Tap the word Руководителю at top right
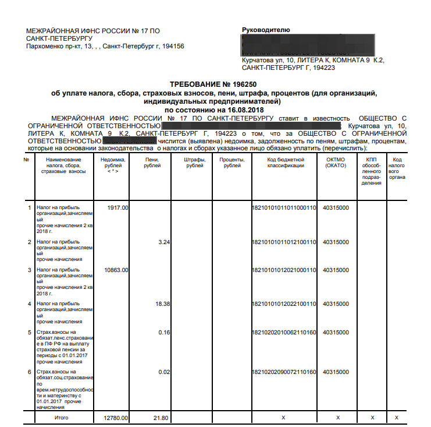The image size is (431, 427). pos(266,30)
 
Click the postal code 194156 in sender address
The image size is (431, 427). pos(172,46)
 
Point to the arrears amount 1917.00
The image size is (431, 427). pos(118,207)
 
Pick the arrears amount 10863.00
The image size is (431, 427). pos(116,270)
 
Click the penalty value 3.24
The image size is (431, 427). pos(163,242)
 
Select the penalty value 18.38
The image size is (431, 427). pos(162,304)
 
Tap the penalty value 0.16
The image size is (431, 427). pos(163,332)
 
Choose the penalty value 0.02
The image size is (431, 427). pos(163,372)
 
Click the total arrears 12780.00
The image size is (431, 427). pos(116,418)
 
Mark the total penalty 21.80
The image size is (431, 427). pos(161,418)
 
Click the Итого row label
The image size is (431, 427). pos(61,418)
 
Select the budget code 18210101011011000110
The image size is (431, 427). pos(284,207)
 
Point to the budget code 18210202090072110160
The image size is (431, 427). pos(284,372)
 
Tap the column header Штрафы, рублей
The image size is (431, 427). pos(194,163)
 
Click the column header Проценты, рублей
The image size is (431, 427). pos(232,163)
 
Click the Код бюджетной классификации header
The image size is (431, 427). pos(286,163)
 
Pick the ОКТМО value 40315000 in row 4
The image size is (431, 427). pos(336,304)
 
